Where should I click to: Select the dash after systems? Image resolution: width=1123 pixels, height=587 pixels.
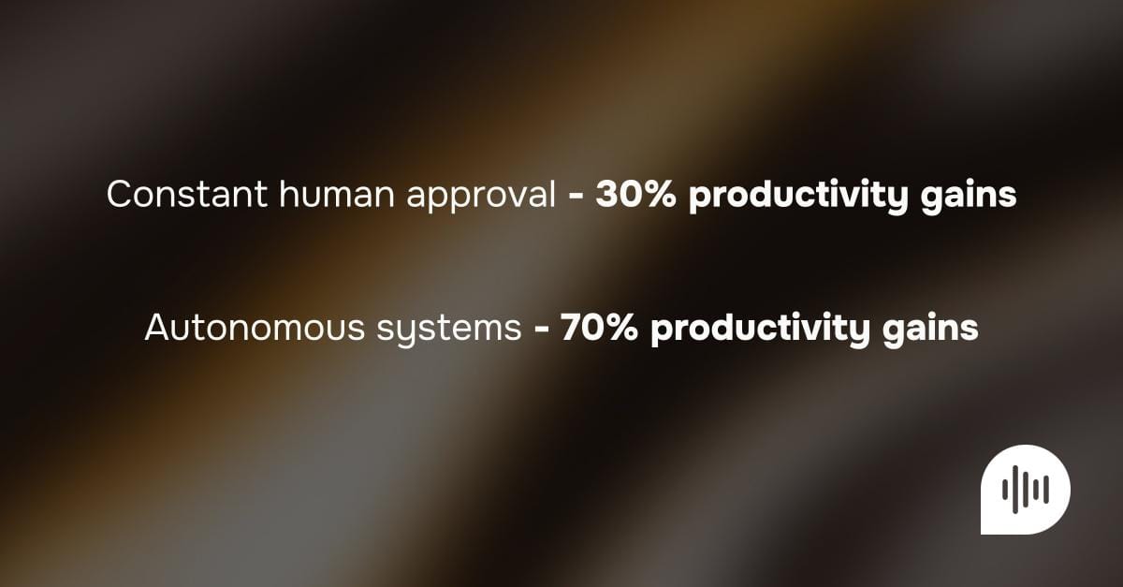(x=541, y=329)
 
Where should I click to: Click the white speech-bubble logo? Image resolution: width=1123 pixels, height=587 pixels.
(x=1025, y=489)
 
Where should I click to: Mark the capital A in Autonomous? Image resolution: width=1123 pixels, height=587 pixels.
(x=156, y=328)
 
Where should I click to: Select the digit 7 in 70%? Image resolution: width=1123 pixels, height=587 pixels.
(x=570, y=328)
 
